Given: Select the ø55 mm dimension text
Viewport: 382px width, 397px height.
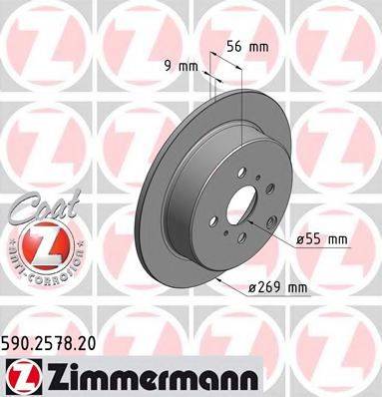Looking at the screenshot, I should [320, 239].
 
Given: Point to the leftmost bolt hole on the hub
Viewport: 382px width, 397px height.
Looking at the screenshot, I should [210, 223].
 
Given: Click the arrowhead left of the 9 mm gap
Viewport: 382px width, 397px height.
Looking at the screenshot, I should [206, 70].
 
